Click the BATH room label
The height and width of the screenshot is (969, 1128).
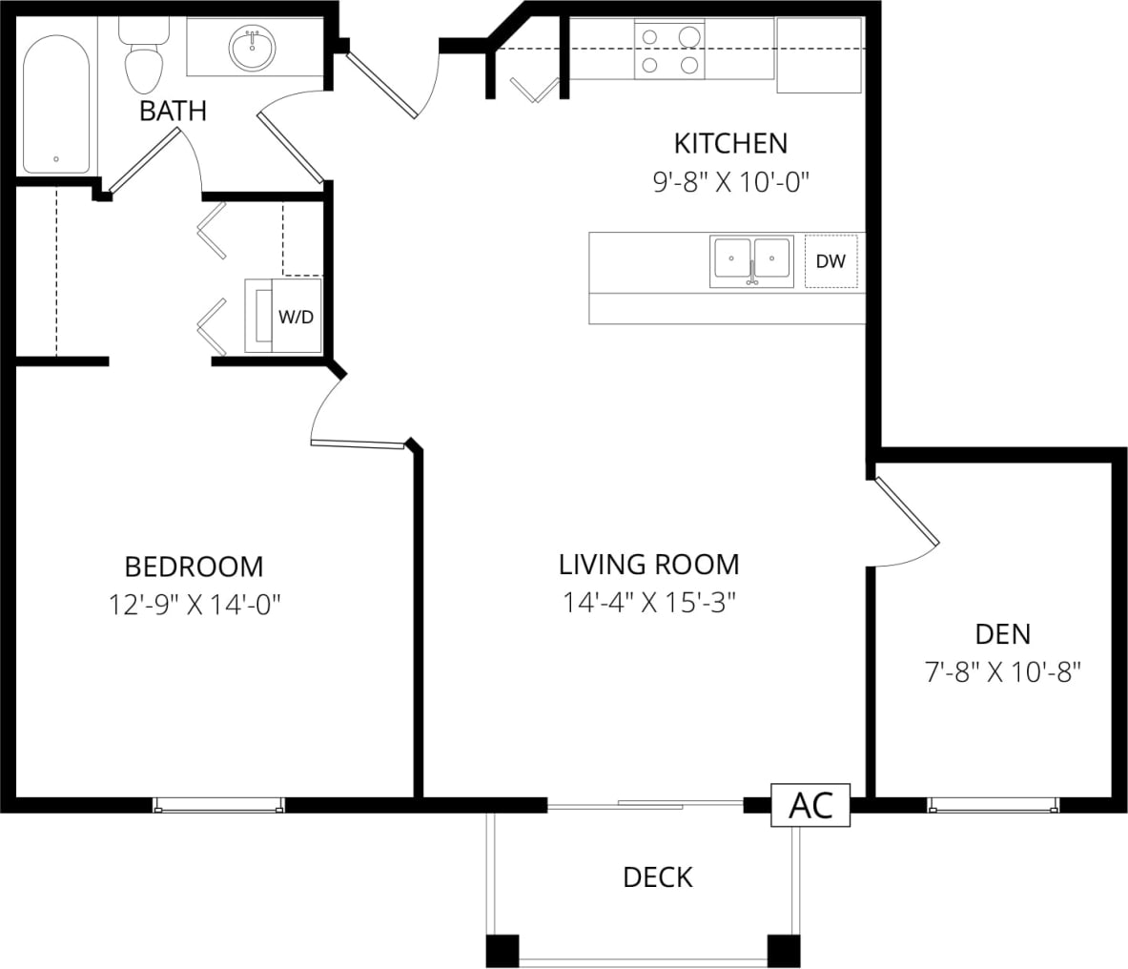pyautogui.click(x=173, y=111)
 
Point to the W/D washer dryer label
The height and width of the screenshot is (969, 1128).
pyautogui.click(x=295, y=317)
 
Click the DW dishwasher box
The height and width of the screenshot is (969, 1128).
pyautogui.click(x=831, y=261)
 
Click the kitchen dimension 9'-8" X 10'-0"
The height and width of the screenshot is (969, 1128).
pyautogui.click(x=730, y=182)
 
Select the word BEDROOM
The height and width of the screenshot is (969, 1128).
pyautogui.click(x=194, y=567)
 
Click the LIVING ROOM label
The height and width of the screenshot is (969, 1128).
pyautogui.click(x=648, y=564)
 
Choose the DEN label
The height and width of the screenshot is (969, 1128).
pyautogui.click(x=1002, y=633)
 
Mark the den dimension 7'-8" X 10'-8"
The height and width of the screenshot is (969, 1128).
pyautogui.click(x=1002, y=672)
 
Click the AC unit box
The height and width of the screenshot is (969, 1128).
pyautogui.click(x=810, y=806)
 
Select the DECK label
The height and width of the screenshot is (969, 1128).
pyautogui.click(x=657, y=876)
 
